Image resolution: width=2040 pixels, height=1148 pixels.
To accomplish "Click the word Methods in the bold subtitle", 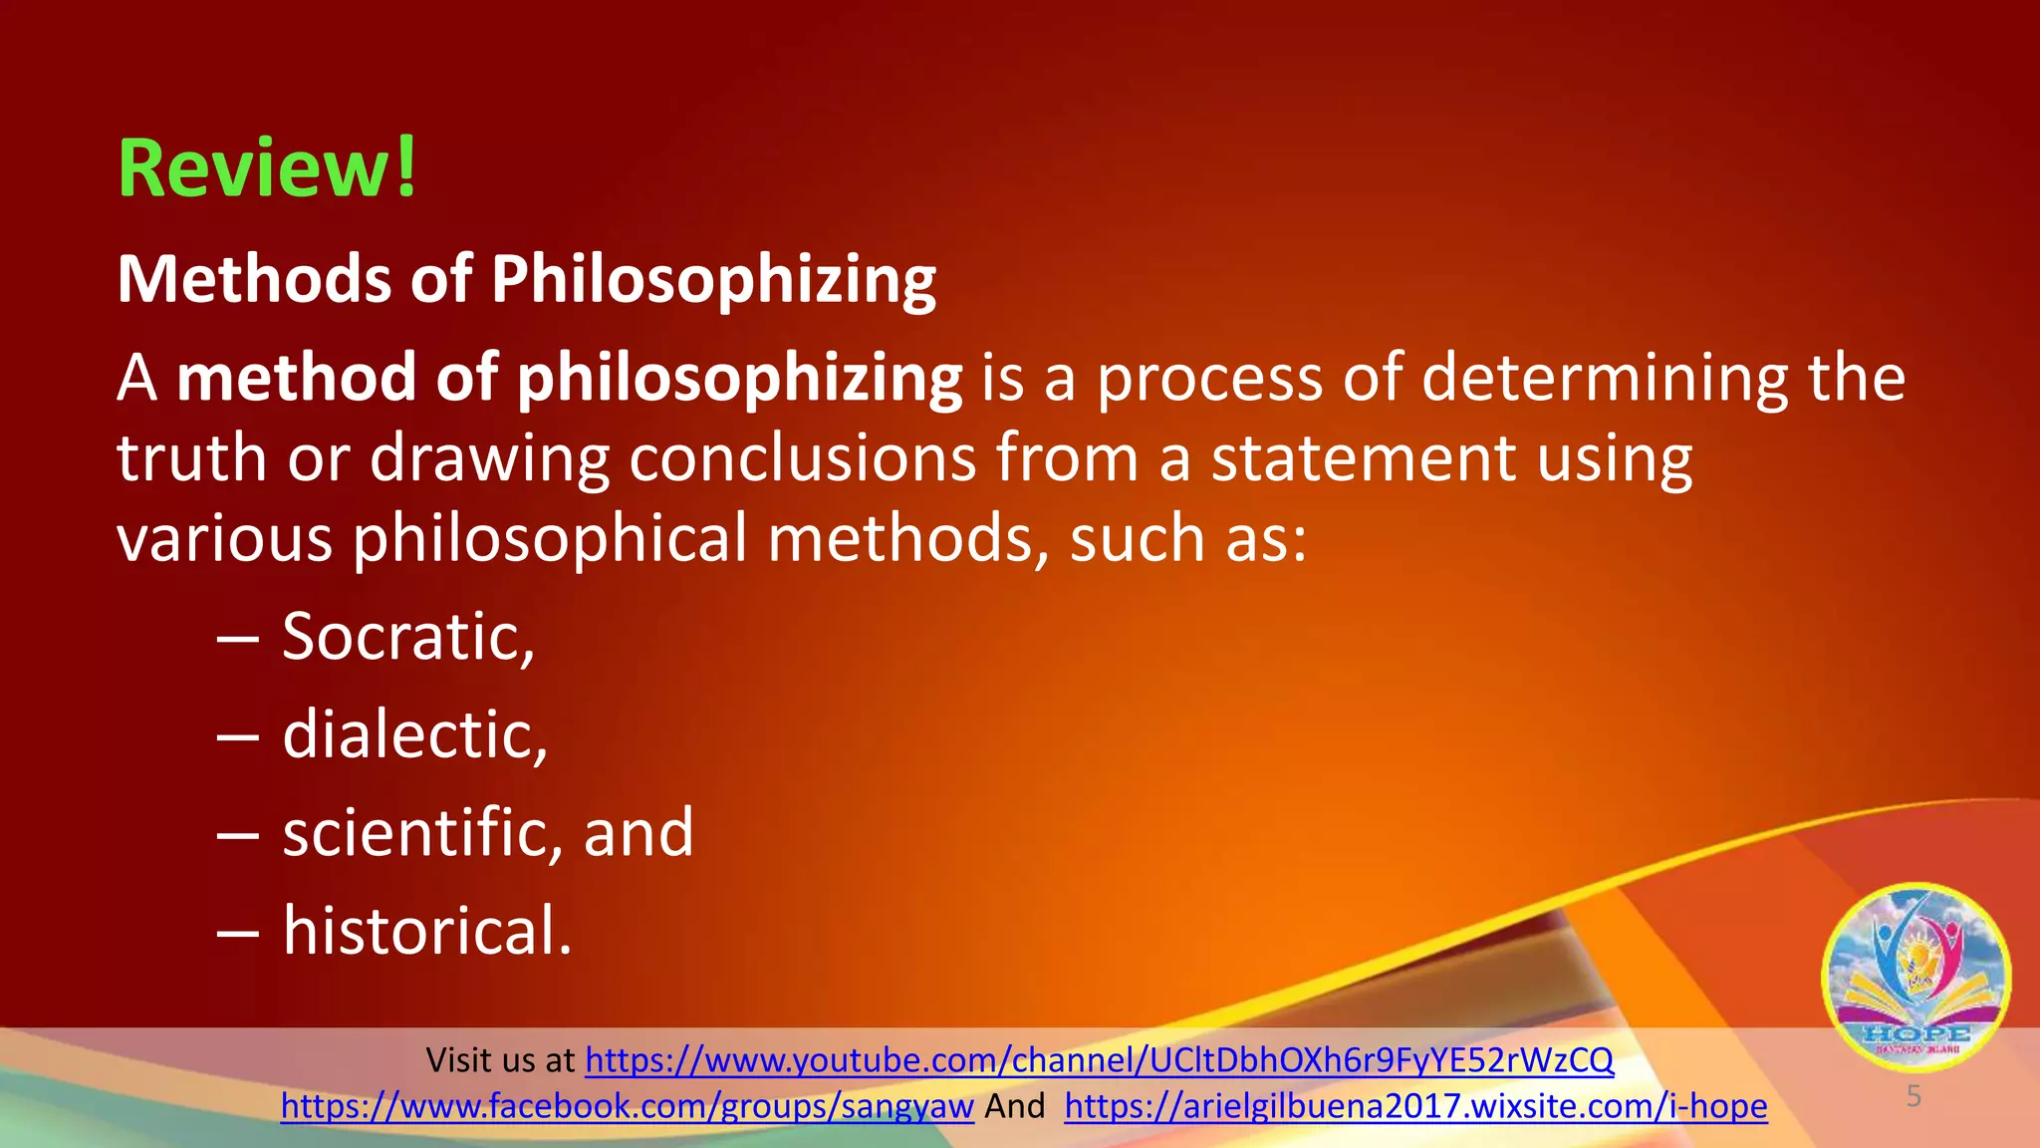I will pos(254,278).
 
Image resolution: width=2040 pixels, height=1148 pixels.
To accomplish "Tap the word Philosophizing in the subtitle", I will pos(713,280).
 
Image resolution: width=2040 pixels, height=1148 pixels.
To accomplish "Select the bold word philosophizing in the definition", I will pos(739,380).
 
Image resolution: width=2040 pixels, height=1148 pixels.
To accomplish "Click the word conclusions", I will pos(802,458).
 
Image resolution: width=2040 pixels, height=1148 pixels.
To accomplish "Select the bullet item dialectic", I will pos(414,734).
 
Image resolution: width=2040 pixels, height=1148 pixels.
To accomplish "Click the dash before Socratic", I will pos(238,639).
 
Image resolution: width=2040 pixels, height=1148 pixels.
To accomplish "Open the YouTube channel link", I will pos(1099,1060).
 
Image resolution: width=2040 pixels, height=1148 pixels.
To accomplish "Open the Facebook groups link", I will pos(627,1106).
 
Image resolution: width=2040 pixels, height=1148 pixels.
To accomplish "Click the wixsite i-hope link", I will pos(1415,1106).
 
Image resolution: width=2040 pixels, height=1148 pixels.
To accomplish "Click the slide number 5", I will pos(1913,1097).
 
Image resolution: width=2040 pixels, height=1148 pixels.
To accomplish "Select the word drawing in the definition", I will pos(489,459).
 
